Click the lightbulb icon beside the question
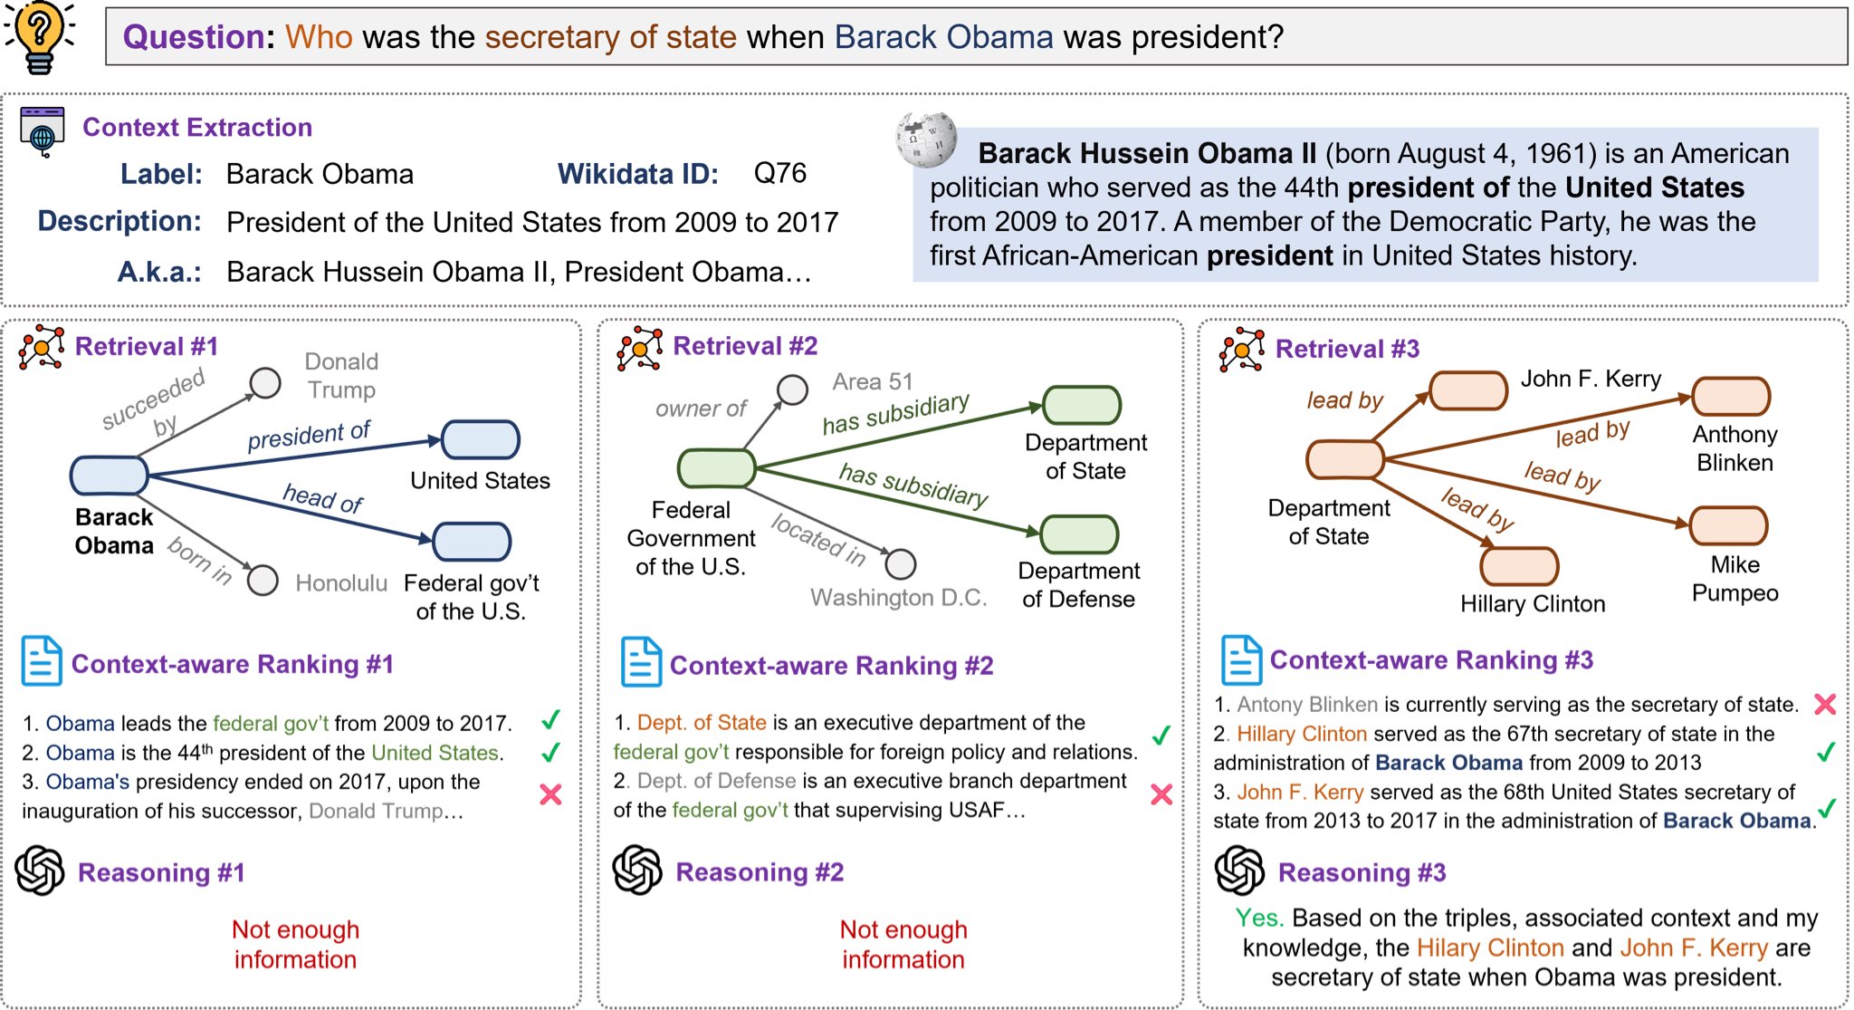click(x=39, y=37)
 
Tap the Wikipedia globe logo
click(x=925, y=139)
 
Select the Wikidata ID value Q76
click(x=779, y=173)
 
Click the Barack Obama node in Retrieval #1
click(x=110, y=476)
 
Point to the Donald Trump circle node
click(x=265, y=383)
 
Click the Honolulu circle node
click(x=263, y=580)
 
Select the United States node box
click(x=480, y=440)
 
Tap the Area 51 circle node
click(x=792, y=390)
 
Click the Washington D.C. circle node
click(x=900, y=564)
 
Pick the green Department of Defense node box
click(x=1079, y=534)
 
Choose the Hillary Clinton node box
click(x=1518, y=566)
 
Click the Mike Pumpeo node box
click(x=1727, y=526)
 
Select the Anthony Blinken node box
click(x=1730, y=397)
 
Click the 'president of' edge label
click(x=309, y=436)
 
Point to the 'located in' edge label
click(x=818, y=538)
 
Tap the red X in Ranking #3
click(x=1825, y=704)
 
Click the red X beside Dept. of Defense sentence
click(x=1161, y=794)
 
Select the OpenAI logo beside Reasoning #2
click(x=637, y=871)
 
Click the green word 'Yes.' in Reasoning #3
click(x=1259, y=918)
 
